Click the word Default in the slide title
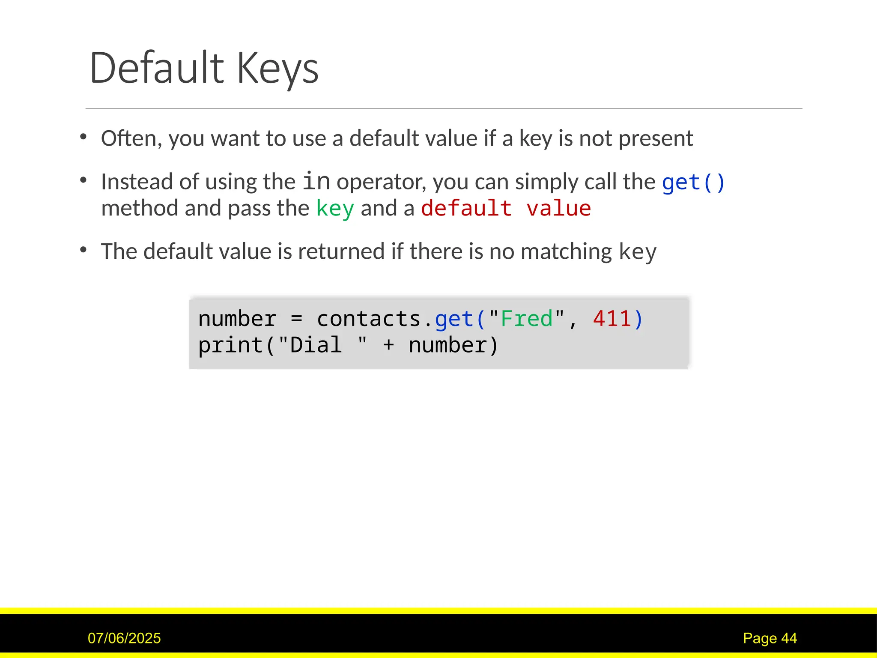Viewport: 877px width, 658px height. pyautogui.click(x=157, y=68)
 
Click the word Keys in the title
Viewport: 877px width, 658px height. pyautogui.click(x=277, y=69)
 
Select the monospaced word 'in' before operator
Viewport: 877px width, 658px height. pyautogui.click(x=316, y=181)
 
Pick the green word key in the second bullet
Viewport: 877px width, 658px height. pyautogui.click(x=335, y=209)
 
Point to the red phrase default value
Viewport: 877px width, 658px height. pyautogui.click(x=506, y=209)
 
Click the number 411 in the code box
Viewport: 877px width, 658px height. pyautogui.click(x=612, y=319)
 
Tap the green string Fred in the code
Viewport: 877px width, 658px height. pyautogui.click(x=527, y=319)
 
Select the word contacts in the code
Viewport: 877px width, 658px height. pyautogui.click(x=369, y=319)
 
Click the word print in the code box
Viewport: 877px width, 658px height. pyautogui.click(x=230, y=345)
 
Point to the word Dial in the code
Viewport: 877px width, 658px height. pyautogui.click(x=316, y=345)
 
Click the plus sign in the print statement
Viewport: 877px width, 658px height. pyautogui.click(x=388, y=345)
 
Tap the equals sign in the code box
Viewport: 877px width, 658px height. pyautogui.click(x=296, y=319)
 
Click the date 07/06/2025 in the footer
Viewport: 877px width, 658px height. pyautogui.click(x=124, y=638)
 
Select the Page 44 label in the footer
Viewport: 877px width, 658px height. pyautogui.click(x=770, y=638)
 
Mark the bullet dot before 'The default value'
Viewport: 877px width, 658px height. pyautogui.click(x=84, y=249)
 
